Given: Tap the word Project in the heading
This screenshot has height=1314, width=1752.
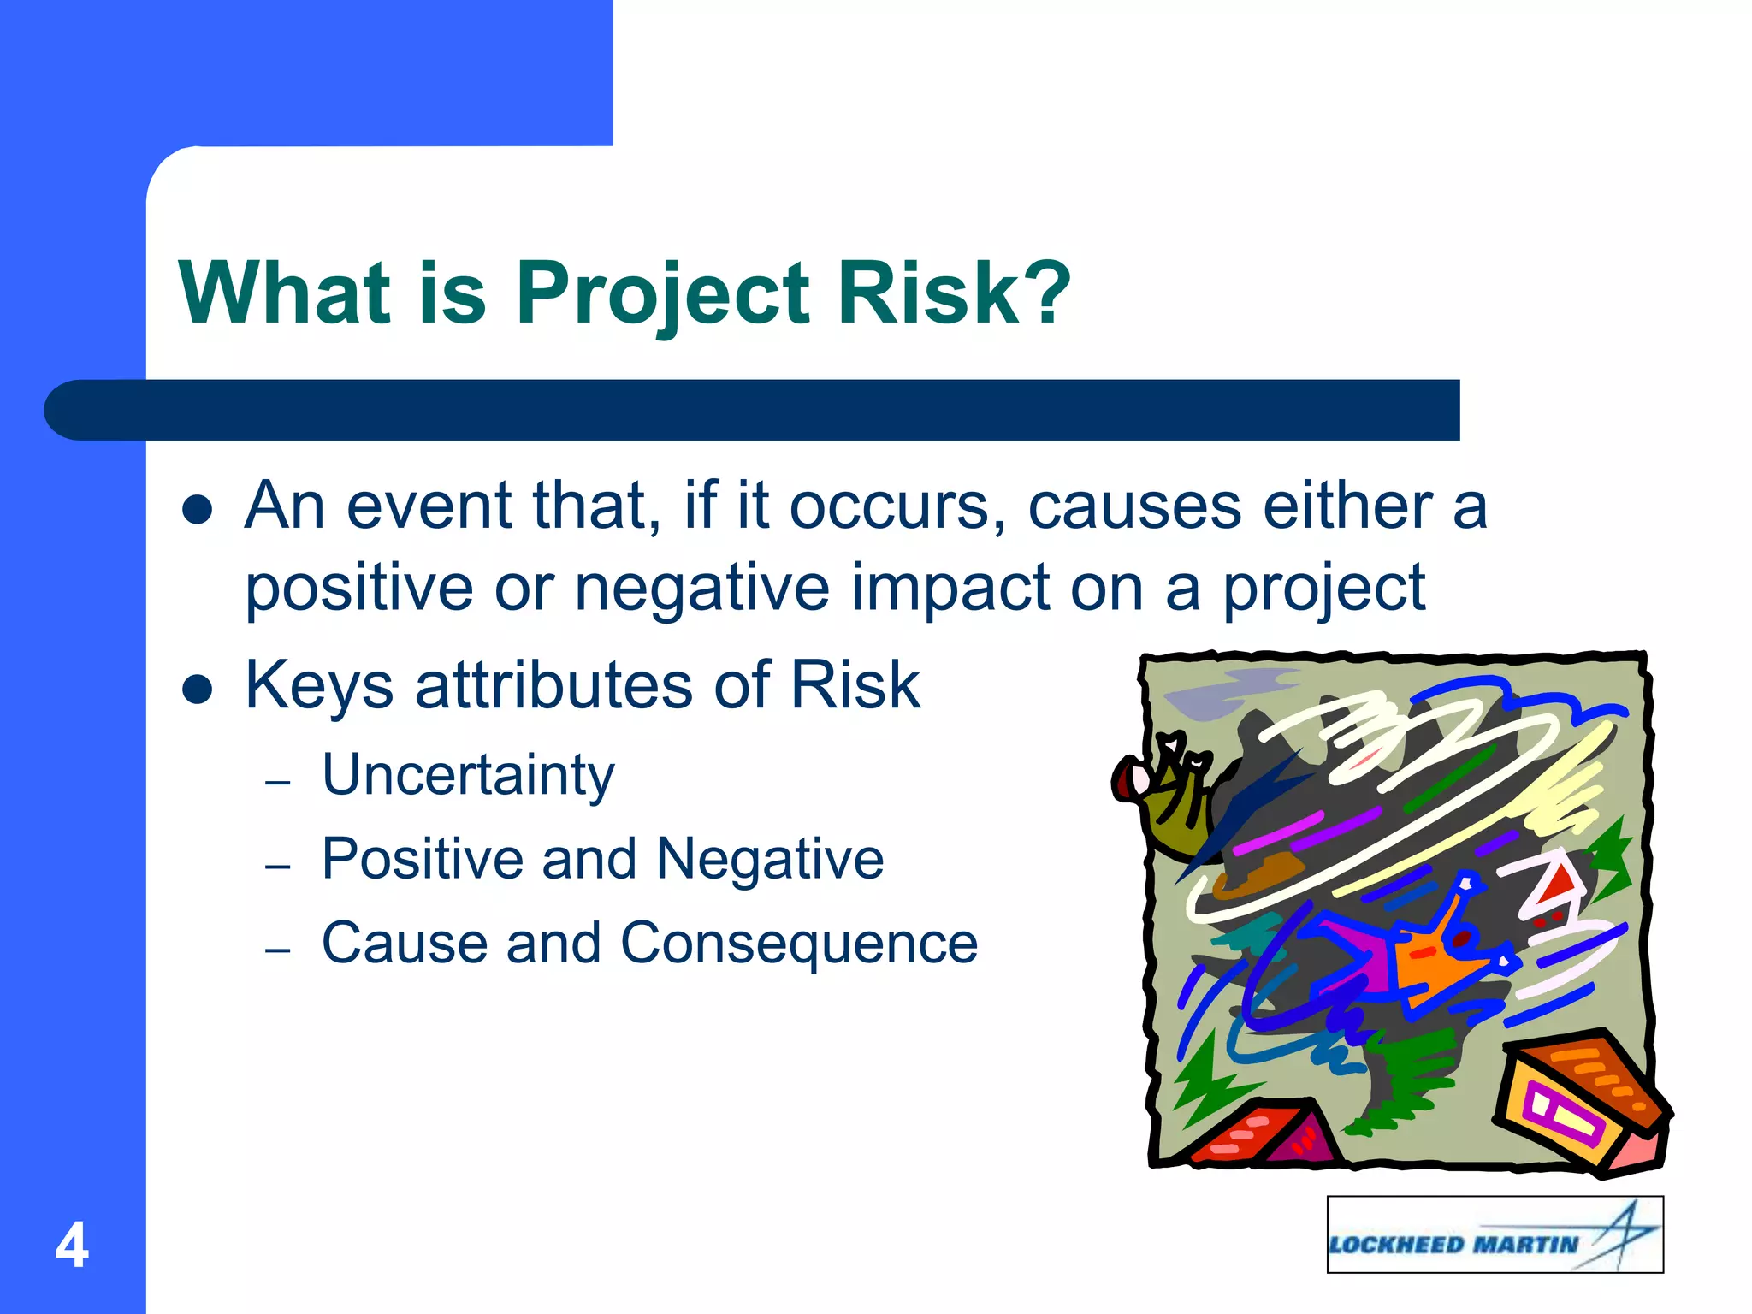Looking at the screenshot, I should click(x=662, y=293).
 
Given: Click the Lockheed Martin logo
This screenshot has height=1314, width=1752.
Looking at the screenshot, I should click(x=1495, y=1235).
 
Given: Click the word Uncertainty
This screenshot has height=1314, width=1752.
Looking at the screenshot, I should click(x=468, y=775).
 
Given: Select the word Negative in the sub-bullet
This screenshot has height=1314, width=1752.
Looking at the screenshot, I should click(x=770, y=859).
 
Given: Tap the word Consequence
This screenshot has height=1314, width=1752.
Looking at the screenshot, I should click(x=799, y=943).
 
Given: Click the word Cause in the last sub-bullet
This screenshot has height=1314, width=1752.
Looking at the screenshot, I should click(x=402, y=943).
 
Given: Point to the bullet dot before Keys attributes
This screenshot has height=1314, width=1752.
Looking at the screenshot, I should click(x=198, y=690).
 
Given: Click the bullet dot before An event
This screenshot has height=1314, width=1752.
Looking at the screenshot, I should click(x=198, y=510).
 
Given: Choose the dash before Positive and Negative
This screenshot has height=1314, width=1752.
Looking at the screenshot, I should click(x=278, y=867).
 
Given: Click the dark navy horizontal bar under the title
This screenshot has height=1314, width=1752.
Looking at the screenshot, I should click(x=753, y=410).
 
